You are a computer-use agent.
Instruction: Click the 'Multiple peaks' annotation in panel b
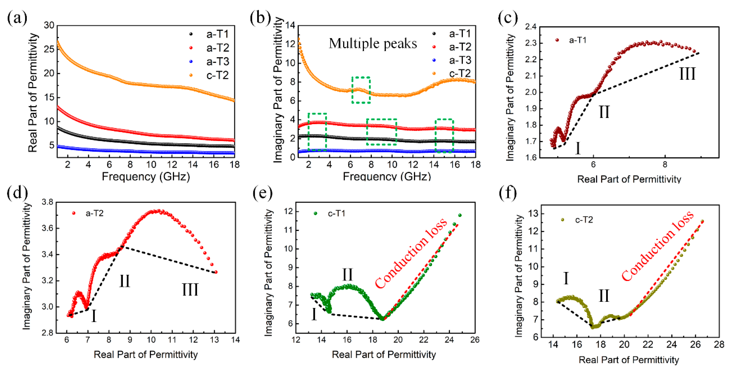point(373,44)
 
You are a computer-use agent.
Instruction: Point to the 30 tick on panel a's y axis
point(49,25)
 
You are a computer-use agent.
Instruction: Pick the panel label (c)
point(508,18)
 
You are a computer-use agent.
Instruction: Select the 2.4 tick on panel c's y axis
point(531,27)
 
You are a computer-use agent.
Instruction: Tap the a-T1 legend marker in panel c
point(557,40)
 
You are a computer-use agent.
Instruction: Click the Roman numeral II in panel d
point(125,281)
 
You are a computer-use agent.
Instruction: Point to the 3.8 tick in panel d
point(48,202)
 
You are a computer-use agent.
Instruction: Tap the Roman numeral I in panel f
point(566,278)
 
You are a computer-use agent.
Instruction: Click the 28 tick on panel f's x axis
point(719,344)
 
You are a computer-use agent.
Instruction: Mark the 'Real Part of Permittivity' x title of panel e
point(384,355)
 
